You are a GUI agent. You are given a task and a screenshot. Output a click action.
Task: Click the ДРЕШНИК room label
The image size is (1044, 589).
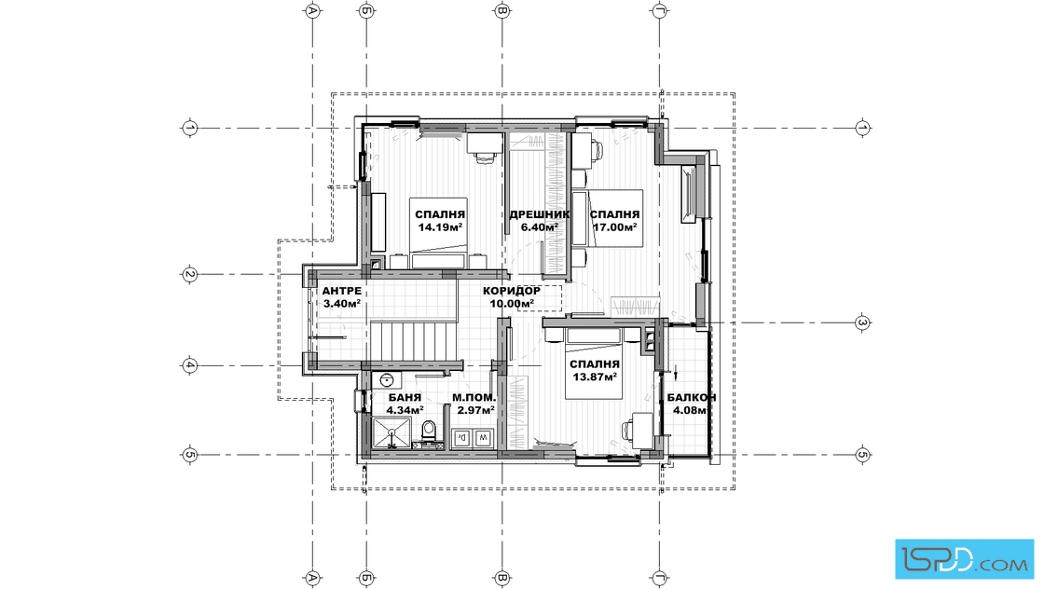(x=540, y=214)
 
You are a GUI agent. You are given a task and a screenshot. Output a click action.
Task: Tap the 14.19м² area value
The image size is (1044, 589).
(x=440, y=227)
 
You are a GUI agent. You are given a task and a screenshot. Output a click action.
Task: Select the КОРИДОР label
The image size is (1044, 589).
(x=512, y=291)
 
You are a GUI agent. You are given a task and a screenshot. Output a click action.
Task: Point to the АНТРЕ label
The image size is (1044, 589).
(x=341, y=291)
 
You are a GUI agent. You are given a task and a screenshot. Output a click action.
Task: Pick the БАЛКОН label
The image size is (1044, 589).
(x=692, y=397)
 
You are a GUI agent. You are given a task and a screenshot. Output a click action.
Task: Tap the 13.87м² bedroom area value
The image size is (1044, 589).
(x=595, y=377)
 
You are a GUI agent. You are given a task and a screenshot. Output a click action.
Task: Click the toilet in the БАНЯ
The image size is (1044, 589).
(x=430, y=431)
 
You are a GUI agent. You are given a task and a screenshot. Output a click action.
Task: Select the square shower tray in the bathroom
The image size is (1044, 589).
(x=392, y=433)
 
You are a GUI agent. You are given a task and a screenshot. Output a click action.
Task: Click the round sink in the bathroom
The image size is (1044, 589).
(x=387, y=380)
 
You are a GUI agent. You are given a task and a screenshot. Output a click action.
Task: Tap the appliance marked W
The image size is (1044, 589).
(x=483, y=438)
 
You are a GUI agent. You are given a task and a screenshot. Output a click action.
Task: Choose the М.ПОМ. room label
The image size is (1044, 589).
(x=474, y=397)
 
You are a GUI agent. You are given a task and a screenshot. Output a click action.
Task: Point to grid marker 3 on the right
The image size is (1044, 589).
(x=862, y=322)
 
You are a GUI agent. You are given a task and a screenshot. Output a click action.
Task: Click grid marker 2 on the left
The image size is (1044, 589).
(x=190, y=274)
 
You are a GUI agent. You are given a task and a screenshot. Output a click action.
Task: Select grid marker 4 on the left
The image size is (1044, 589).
(x=190, y=365)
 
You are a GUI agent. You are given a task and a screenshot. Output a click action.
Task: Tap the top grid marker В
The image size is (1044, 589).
(x=502, y=10)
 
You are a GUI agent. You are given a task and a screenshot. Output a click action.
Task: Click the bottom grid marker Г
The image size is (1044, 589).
(x=660, y=578)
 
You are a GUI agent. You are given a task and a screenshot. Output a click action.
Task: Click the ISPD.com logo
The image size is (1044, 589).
(x=964, y=558)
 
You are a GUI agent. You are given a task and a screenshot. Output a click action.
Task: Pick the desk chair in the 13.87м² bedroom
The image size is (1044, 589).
(x=628, y=431)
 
